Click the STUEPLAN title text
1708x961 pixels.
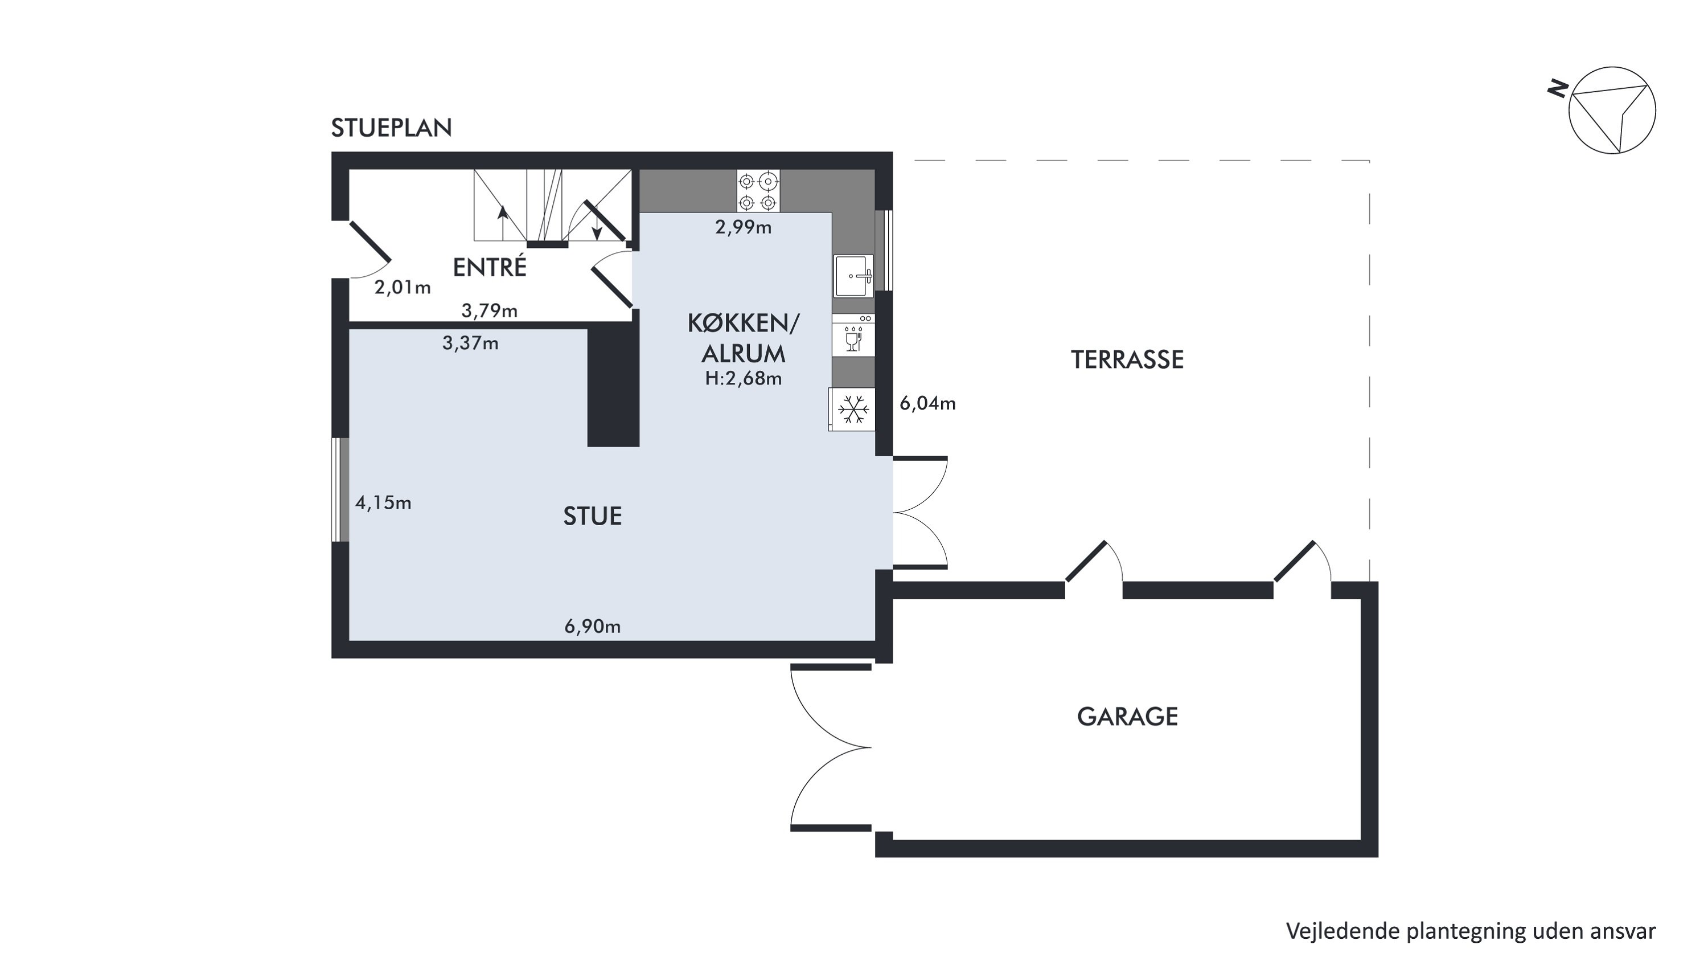[391, 128]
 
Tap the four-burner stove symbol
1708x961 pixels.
[758, 191]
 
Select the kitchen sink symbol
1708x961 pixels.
[853, 276]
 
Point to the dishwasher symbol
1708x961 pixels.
[853, 336]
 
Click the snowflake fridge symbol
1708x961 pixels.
[852, 409]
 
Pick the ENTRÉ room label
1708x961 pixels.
[489, 267]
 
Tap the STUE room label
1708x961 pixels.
[593, 516]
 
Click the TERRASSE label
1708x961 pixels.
[1127, 359]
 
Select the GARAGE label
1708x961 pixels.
[1127, 716]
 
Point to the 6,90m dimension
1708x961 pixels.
[592, 626]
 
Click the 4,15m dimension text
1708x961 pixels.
[383, 503]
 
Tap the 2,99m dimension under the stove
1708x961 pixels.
[744, 227]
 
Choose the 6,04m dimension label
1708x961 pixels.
[927, 403]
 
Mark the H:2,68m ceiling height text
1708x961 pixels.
[744, 378]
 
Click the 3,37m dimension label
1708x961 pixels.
[470, 343]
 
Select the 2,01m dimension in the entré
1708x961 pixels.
[403, 287]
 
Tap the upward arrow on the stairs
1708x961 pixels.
[503, 223]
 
